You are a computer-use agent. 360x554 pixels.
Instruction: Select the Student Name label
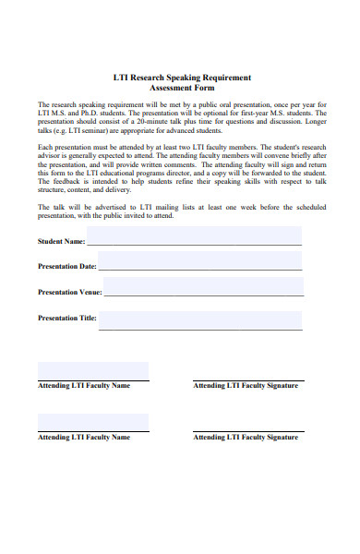pyautogui.click(x=62, y=241)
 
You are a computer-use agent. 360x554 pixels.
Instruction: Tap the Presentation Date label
pyautogui.click(x=67, y=266)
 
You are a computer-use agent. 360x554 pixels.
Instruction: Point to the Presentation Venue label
pyautogui.click(x=70, y=292)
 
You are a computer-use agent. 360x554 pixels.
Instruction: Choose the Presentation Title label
pyautogui.click(x=67, y=318)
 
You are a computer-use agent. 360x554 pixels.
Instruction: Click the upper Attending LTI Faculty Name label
pyautogui.click(x=84, y=386)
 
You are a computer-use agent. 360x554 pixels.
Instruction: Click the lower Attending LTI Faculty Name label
pyautogui.click(x=84, y=438)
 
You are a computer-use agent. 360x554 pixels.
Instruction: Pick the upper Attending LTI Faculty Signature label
pyautogui.click(x=246, y=386)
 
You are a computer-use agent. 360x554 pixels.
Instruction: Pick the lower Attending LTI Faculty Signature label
pyautogui.click(x=246, y=438)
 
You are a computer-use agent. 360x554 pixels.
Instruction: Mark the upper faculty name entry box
pyautogui.click(x=93, y=371)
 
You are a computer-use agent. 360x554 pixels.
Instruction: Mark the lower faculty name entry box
pyautogui.click(x=93, y=423)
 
